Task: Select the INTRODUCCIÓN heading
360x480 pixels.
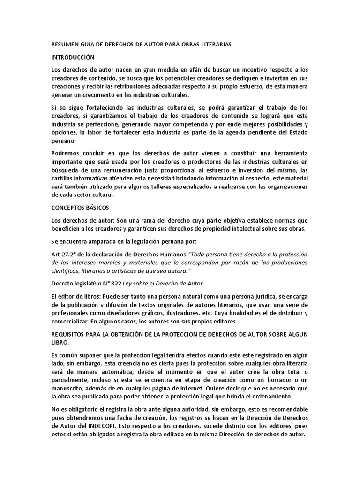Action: [x=73, y=57]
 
